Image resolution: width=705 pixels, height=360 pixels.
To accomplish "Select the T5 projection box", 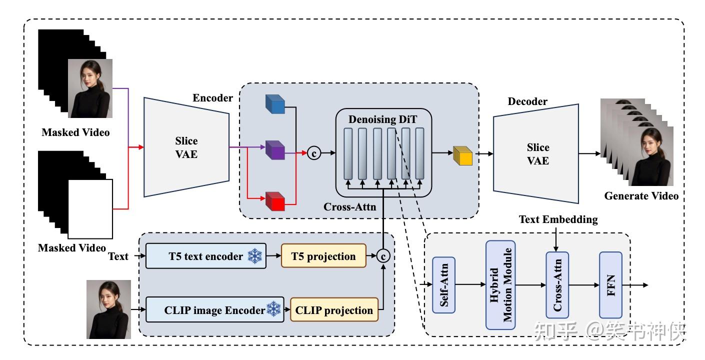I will click(323, 256).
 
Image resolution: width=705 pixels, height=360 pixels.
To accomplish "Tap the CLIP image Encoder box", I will click(214, 310).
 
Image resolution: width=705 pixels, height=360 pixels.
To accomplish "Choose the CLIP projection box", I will click(334, 310).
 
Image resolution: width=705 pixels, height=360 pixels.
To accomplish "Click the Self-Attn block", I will click(443, 285).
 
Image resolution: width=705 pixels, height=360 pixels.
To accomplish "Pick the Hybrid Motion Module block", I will click(500, 285).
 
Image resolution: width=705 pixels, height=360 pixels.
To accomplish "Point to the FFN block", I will click(610, 285).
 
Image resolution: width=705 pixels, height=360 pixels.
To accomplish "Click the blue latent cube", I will click(274, 103).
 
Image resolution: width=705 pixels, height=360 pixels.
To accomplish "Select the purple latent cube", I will click(274, 149).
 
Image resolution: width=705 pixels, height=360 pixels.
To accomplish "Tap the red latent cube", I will click(274, 201).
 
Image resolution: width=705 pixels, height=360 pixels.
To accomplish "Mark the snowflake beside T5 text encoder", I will click(255, 256).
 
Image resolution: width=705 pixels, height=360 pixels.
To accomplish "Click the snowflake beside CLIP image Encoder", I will click(273, 309).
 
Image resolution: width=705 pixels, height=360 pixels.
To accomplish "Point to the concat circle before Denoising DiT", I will click(314, 153).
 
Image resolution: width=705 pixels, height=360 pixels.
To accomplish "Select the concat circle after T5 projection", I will click(383, 256).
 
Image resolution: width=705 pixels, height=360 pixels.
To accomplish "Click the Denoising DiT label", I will click(383, 120).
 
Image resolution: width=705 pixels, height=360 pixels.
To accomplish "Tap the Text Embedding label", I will click(558, 219).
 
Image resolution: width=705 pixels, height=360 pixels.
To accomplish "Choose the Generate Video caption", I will click(641, 196).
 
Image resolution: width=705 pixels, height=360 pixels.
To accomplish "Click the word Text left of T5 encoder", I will click(118, 256).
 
